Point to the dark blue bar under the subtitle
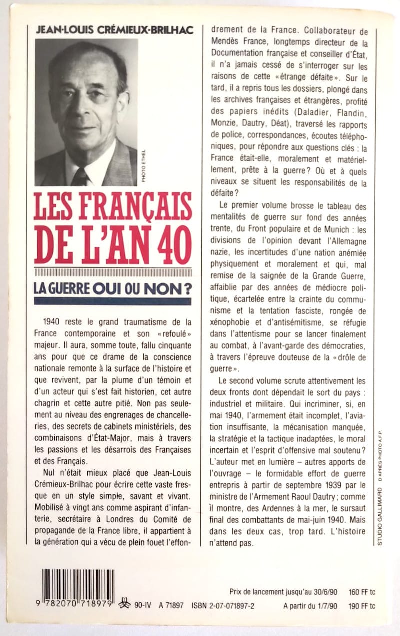[112, 301]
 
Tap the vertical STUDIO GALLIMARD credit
[380, 510]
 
